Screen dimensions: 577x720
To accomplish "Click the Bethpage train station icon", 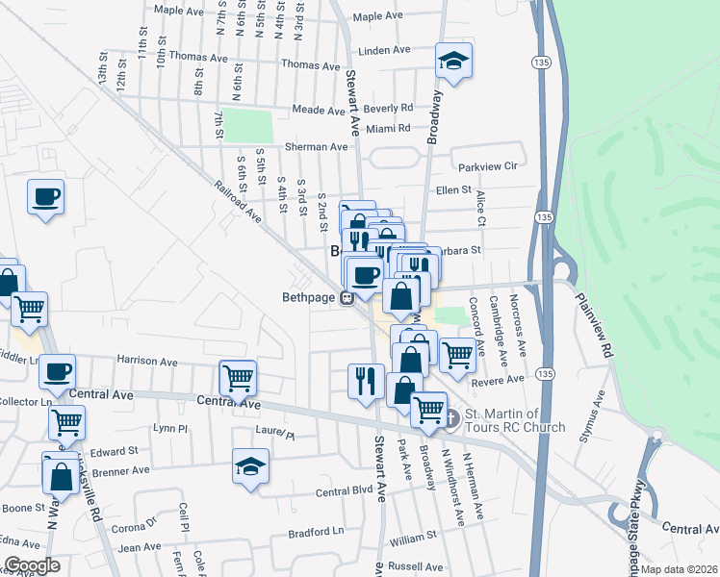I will (x=351, y=297).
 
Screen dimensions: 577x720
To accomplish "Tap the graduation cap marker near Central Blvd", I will (x=251, y=468).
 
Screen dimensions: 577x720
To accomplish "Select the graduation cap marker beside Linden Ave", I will (x=452, y=60).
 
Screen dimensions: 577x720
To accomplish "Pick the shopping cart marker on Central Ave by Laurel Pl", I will (x=238, y=377).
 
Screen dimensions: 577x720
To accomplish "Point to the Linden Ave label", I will (x=385, y=50).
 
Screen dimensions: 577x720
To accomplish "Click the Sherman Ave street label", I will (x=316, y=147).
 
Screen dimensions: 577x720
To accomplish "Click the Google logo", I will (x=31, y=565).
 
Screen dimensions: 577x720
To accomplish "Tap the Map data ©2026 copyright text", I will (x=679, y=569).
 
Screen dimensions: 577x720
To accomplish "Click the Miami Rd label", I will (x=389, y=128).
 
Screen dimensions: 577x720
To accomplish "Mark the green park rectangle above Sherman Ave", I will (x=249, y=126).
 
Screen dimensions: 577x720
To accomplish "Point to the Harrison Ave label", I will (x=148, y=363).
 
